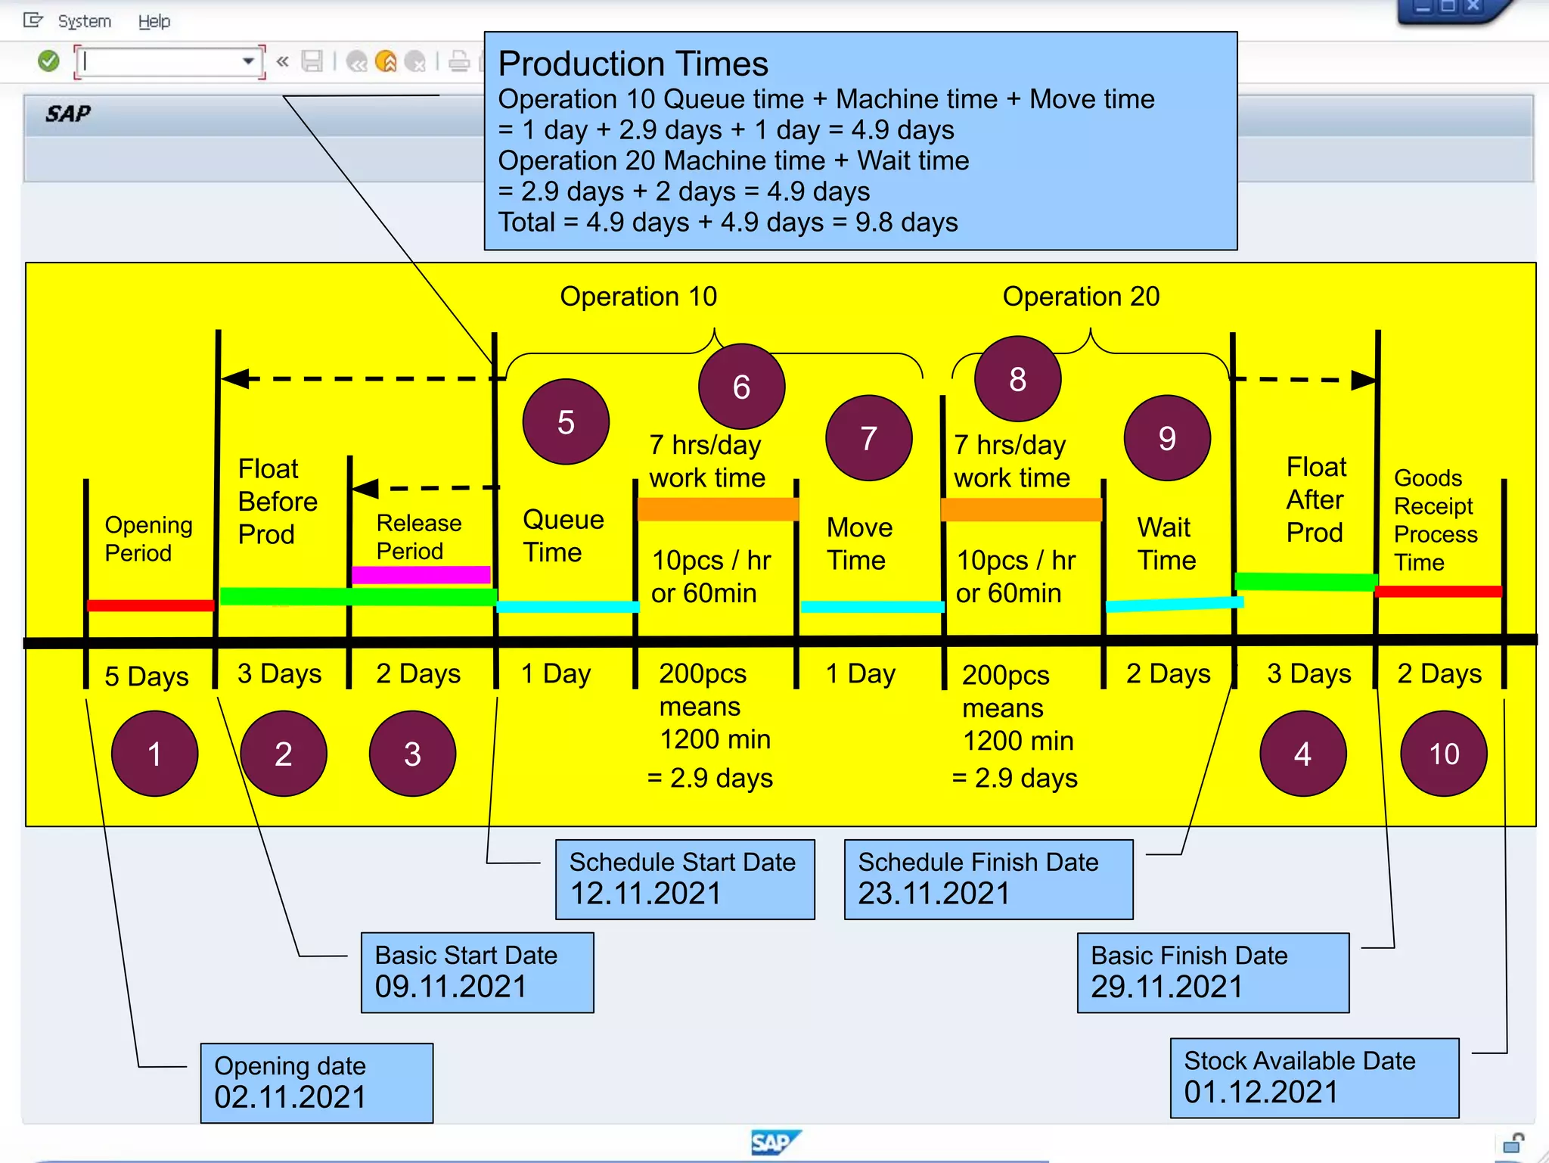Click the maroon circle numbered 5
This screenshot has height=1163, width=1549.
click(x=566, y=422)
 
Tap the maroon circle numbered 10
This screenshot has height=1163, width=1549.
click(x=1443, y=754)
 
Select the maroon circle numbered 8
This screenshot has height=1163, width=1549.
click(x=1017, y=379)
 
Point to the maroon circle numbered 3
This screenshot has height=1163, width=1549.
click(x=412, y=754)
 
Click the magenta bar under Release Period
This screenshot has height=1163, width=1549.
click(x=421, y=574)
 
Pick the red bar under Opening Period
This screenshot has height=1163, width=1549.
click(x=151, y=605)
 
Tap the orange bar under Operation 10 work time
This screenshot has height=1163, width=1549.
click(x=718, y=509)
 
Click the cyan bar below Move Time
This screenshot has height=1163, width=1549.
click(x=872, y=607)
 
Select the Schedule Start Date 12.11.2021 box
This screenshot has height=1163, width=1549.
click(x=684, y=879)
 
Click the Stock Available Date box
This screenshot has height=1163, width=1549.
click(x=1314, y=1077)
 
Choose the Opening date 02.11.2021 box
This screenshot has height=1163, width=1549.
click(x=316, y=1083)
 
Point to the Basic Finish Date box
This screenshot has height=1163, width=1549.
click(x=1212, y=972)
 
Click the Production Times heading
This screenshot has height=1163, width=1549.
click(x=633, y=64)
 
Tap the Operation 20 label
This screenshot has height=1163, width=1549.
click(x=1081, y=296)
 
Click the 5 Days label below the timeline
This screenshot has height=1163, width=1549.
click(x=147, y=676)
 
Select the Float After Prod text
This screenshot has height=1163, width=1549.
click(x=1315, y=499)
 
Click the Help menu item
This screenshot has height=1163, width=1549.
click(x=154, y=21)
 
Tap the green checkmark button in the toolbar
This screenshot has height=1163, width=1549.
click(x=48, y=61)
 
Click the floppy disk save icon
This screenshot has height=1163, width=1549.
click(x=312, y=61)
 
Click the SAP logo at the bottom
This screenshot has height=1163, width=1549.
click(x=774, y=1142)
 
